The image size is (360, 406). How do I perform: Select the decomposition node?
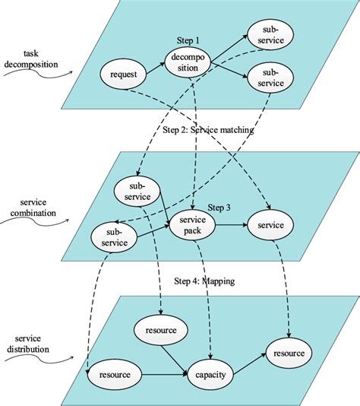pos(188,61)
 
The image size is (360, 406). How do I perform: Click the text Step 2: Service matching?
pos(207,130)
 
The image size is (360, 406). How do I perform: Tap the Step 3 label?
pos(219,208)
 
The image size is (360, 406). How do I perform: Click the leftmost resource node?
pos(114,375)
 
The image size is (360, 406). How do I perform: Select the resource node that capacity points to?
pos(289,354)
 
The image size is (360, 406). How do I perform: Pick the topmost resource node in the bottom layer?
pos(156,331)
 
